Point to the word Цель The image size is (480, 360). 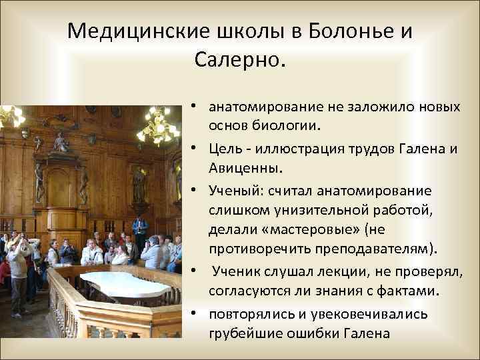click(x=223, y=149)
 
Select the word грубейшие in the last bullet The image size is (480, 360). click(x=239, y=333)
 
